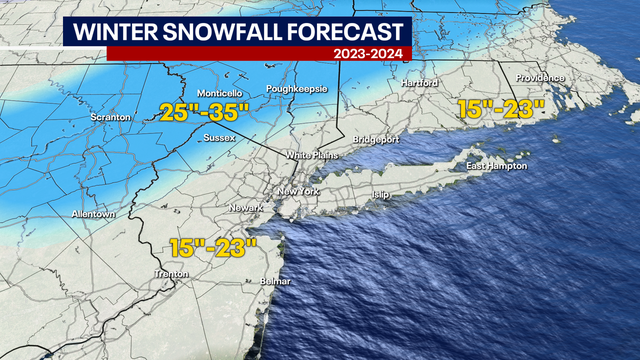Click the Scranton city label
click(x=110, y=118)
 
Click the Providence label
click(x=540, y=78)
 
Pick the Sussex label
click(x=219, y=137)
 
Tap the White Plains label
click(x=314, y=155)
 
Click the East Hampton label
click(x=496, y=165)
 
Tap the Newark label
click(x=244, y=208)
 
